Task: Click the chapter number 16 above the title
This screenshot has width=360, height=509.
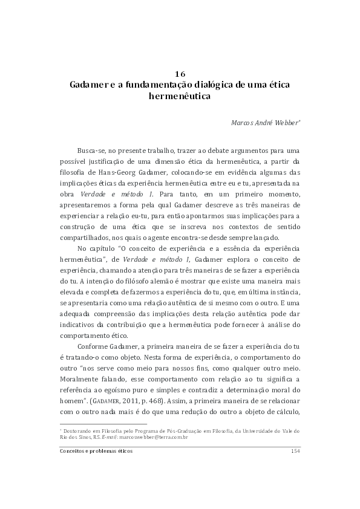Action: coord(180,74)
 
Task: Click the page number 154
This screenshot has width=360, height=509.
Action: coord(295,451)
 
